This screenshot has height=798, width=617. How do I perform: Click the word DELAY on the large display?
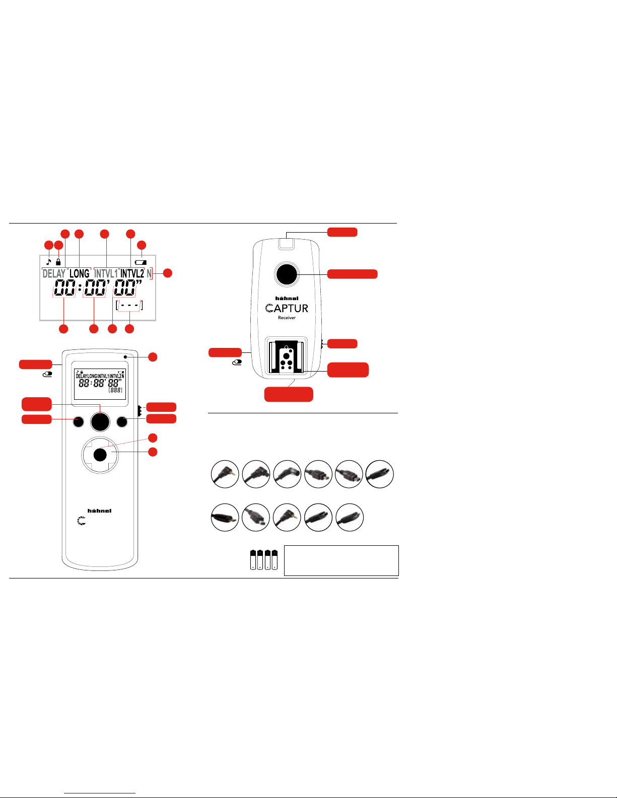point(54,274)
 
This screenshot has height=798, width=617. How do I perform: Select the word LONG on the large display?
point(79,274)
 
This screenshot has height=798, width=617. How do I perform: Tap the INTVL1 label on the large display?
point(106,274)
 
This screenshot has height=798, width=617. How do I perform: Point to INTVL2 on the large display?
point(132,274)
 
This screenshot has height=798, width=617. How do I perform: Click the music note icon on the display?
point(49,262)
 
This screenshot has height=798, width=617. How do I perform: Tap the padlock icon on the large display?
point(58,262)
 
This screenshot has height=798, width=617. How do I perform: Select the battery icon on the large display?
point(141,262)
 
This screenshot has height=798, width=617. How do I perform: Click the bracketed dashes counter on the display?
point(129,306)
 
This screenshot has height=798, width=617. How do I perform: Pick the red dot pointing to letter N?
point(168,273)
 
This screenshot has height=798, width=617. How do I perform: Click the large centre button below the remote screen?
point(100,421)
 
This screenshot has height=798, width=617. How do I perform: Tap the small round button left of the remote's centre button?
point(78,422)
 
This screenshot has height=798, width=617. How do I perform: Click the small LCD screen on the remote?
point(100,384)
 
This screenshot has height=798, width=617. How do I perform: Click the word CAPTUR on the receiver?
point(287,308)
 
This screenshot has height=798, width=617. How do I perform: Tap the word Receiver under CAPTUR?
point(287,318)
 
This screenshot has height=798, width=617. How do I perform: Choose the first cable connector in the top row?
point(225,474)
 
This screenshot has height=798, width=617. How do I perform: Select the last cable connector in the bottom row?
point(349,517)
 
